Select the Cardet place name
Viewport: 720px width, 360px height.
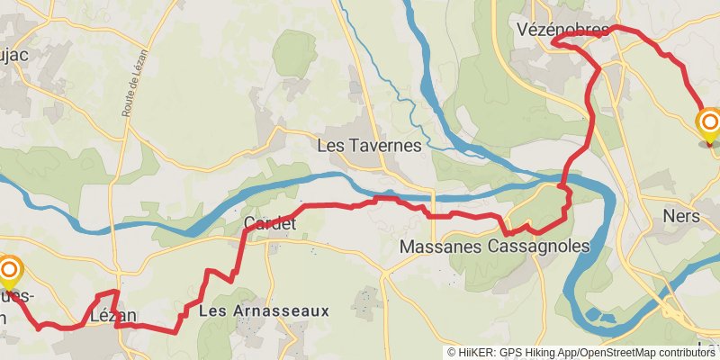pyautogui.click(x=269, y=223)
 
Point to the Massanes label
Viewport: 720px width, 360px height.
pyautogui.click(x=438, y=246)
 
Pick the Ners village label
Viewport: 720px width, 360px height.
pyautogui.click(x=680, y=216)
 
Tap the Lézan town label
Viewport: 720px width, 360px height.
pyautogui.click(x=113, y=316)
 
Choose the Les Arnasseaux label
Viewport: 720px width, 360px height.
pyautogui.click(x=264, y=310)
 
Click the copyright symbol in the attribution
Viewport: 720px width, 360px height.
pyautogui.click(x=452, y=353)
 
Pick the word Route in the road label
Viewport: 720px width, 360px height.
pyautogui.click(x=127, y=109)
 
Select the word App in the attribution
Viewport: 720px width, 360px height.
pyautogui.click(x=570, y=353)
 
